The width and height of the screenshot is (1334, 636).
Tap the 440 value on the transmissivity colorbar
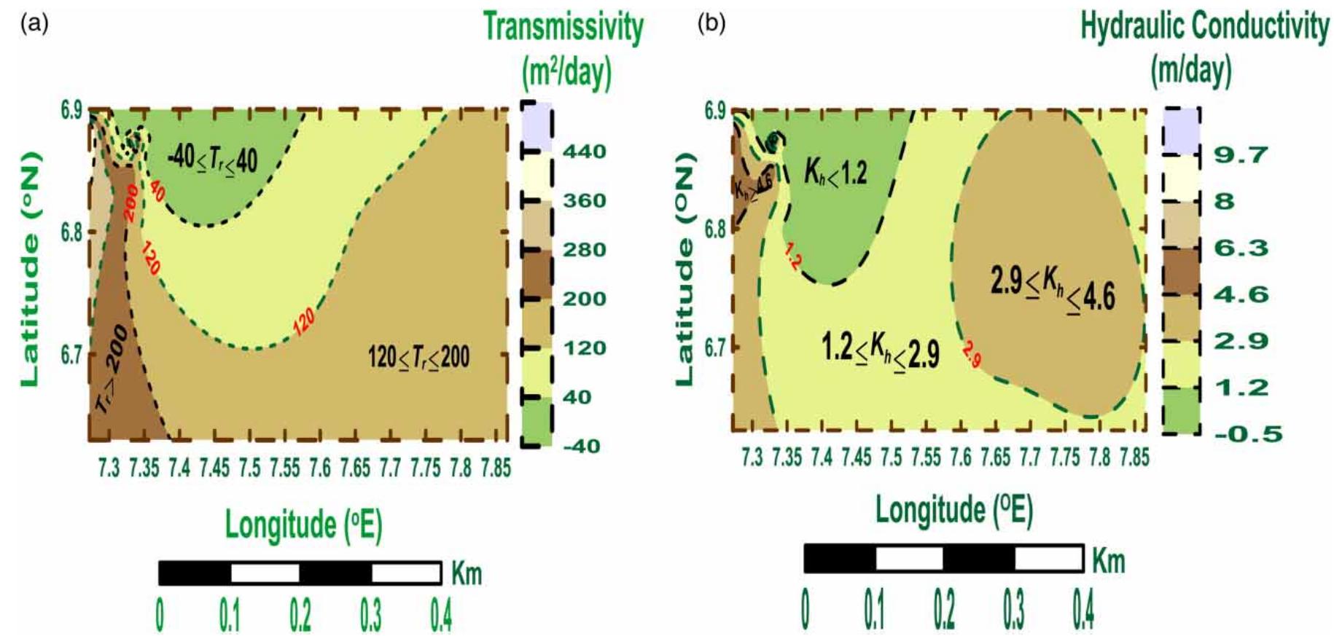(584, 152)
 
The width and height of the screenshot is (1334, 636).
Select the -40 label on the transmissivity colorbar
(581, 446)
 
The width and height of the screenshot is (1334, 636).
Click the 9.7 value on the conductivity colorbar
(1240, 155)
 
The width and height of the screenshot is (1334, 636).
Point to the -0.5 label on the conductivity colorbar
(1247, 434)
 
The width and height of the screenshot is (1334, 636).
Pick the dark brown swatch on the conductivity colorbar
(1180, 270)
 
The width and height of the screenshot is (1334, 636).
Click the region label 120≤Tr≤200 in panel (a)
(418, 358)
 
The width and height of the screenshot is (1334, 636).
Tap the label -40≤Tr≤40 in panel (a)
(212, 158)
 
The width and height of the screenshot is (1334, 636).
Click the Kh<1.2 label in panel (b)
(835, 173)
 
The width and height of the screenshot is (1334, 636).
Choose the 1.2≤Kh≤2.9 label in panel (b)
(880, 351)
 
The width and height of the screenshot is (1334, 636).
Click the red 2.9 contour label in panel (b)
(971, 355)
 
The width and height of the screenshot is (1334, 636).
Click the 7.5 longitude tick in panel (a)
(249, 468)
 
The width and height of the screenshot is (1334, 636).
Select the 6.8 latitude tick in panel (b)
(715, 229)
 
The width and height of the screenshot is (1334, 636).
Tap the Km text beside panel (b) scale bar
(1108, 561)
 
